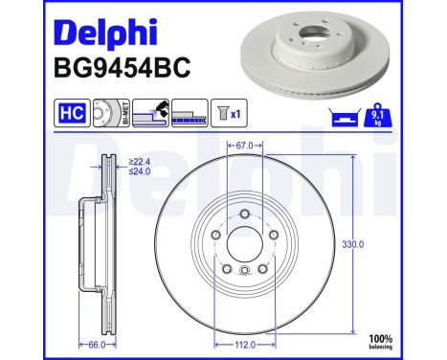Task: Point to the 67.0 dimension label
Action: click(x=244, y=145)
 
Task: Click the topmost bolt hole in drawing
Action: click(x=244, y=213)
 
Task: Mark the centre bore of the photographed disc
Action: click(x=316, y=43)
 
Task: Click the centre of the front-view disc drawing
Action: click(x=244, y=244)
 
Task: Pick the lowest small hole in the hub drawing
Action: click(x=244, y=272)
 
